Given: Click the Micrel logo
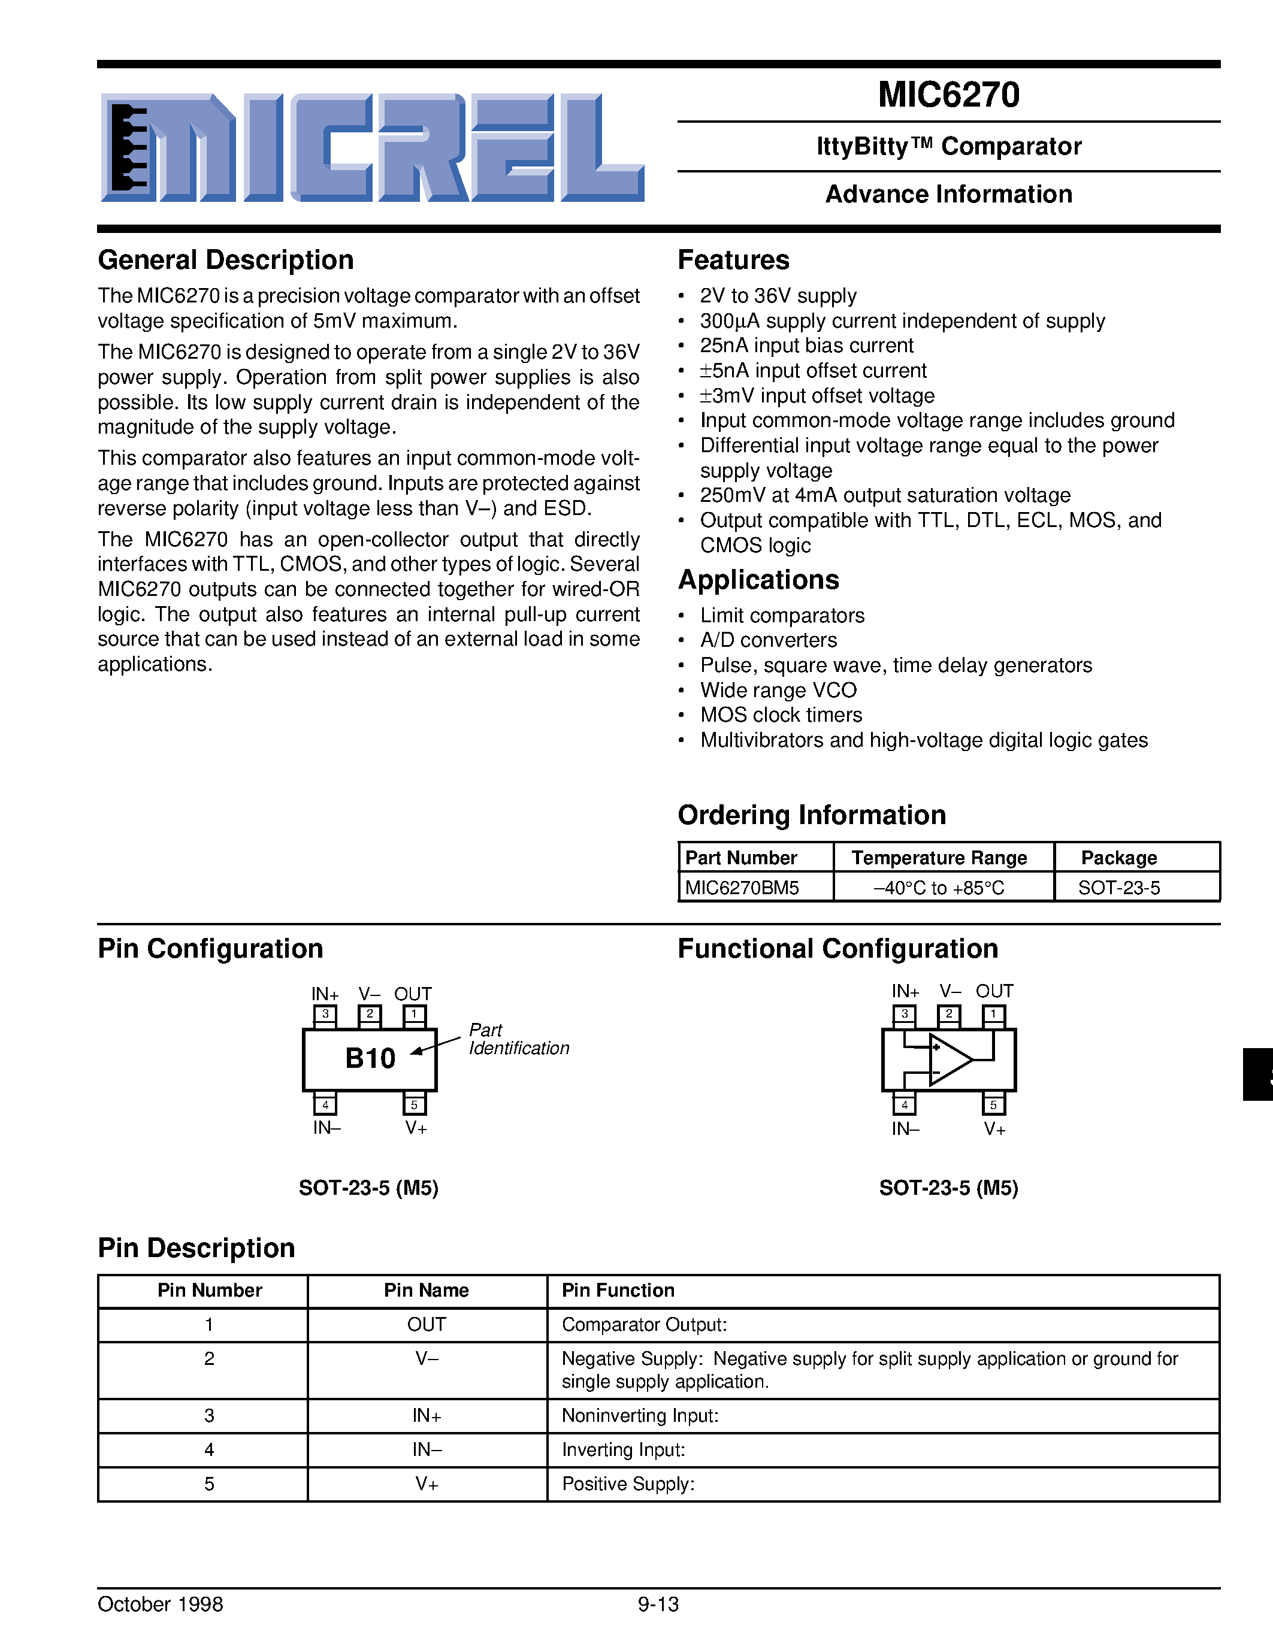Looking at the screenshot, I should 373,148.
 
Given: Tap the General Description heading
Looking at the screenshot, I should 225,260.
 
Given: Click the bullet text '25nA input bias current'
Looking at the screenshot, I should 806,346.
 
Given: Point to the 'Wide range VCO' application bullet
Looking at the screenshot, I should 778,690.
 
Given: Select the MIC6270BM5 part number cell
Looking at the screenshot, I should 741,888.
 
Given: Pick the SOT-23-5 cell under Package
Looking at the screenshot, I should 1118,888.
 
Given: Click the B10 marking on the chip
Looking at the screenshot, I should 370,1059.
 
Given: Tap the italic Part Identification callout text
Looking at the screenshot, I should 518,1039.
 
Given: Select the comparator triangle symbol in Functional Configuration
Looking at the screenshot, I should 949,1059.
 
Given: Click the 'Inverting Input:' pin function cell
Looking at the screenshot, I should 623,1450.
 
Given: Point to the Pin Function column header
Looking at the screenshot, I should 618,1290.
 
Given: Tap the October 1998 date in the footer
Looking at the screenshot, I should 160,1604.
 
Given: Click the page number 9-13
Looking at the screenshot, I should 658,1604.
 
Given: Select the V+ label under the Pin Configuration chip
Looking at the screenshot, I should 416,1128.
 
